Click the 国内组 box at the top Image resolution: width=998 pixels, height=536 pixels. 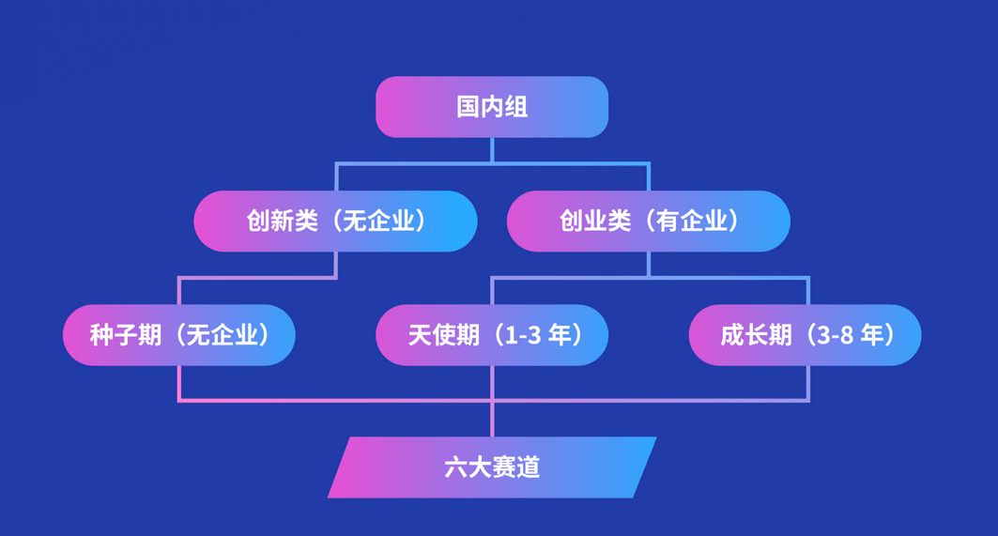[x=492, y=107]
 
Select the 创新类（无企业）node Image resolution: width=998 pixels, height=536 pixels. [x=335, y=221]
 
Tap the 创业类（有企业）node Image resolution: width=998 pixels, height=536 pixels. [x=649, y=221]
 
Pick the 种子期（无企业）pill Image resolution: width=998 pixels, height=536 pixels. [x=178, y=335]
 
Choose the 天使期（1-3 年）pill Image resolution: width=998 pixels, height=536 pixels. [x=492, y=335]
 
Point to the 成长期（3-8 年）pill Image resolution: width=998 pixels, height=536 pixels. [x=806, y=335]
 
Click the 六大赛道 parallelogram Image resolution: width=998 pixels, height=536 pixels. [x=492, y=467]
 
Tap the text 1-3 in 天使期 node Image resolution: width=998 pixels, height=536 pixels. [x=523, y=335]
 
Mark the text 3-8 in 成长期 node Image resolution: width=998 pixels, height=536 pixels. [x=836, y=335]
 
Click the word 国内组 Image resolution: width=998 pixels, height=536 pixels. [x=492, y=107]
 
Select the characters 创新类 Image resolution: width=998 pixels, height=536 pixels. [x=282, y=221]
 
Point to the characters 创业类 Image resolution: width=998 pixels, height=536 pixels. [x=595, y=221]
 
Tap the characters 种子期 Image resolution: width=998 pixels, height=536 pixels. [x=126, y=335]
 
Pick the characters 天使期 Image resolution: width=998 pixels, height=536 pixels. [x=444, y=335]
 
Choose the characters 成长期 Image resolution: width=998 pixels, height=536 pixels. [x=756, y=335]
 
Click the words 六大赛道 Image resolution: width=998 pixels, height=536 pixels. [x=492, y=467]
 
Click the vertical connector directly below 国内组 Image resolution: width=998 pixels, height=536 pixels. [x=492, y=150]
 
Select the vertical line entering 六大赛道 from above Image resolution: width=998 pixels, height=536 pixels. [x=492, y=419]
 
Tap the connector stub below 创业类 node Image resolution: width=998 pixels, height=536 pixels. [x=649, y=264]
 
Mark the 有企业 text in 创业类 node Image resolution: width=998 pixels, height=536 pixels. [x=691, y=221]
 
